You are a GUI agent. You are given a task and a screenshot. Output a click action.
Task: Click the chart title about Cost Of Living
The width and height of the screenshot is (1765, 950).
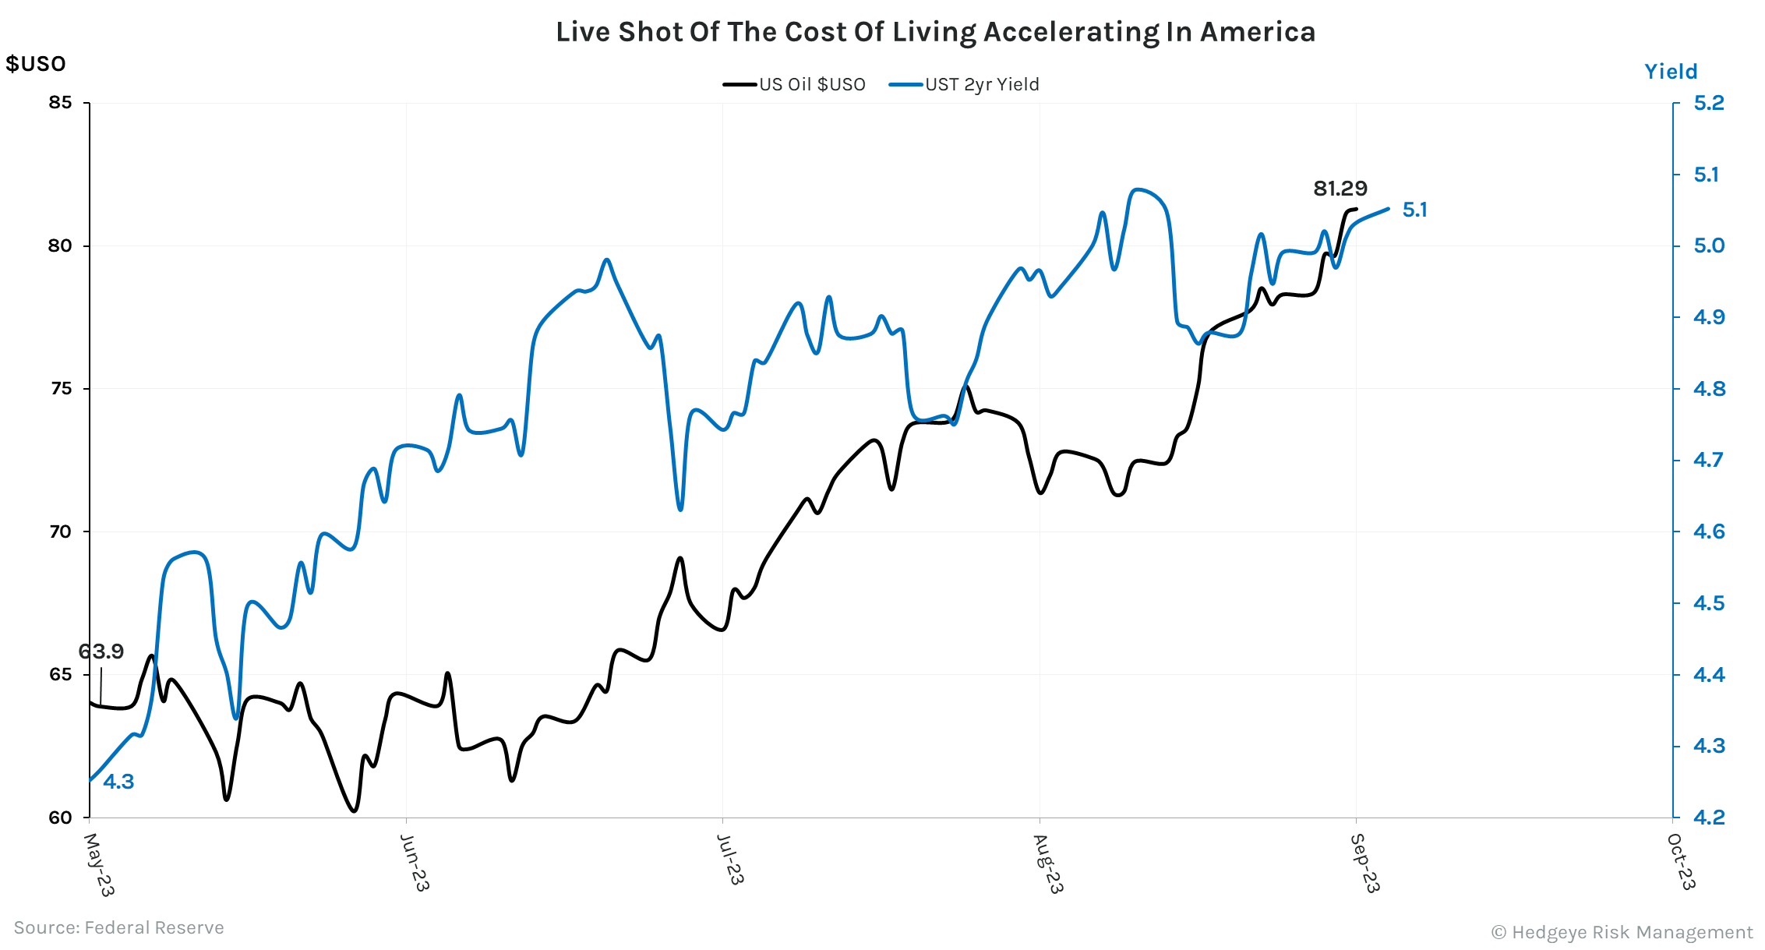[x=935, y=32]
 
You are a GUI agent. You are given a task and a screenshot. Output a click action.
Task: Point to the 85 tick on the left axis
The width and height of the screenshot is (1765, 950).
[x=60, y=103]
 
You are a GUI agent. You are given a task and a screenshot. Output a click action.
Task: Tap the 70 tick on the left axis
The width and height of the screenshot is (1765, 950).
[x=60, y=532]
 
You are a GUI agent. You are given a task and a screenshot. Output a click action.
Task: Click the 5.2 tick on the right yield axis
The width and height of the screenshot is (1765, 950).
[x=1709, y=103]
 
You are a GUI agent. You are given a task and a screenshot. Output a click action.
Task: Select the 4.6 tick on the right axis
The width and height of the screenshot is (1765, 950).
[x=1709, y=532]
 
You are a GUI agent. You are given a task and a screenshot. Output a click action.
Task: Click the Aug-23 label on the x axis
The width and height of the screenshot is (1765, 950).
[x=1048, y=863]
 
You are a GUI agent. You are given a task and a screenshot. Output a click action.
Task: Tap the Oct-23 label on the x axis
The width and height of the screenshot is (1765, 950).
[x=1681, y=861]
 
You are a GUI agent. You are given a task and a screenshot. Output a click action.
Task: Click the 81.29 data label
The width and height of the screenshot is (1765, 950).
[x=1340, y=189]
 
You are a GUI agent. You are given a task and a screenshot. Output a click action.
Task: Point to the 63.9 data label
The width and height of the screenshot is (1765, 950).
[x=101, y=652]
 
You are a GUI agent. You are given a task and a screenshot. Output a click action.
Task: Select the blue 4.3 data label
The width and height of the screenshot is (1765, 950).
[x=118, y=782]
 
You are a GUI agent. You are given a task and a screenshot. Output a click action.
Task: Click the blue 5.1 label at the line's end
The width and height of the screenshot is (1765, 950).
[x=1414, y=210]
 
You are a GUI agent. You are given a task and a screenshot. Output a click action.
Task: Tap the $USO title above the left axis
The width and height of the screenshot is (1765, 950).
[x=36, y=64]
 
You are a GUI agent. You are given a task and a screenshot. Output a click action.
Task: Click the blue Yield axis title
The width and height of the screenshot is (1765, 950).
[x=1670, y=72]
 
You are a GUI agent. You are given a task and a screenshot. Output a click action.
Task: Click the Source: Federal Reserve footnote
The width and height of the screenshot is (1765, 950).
[x=118, y=927]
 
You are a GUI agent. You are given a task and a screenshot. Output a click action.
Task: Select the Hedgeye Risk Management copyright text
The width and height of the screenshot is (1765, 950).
[x=1622, y=932]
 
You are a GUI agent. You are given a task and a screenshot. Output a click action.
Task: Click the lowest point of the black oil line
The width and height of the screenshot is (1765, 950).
[x=355, y=811]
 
